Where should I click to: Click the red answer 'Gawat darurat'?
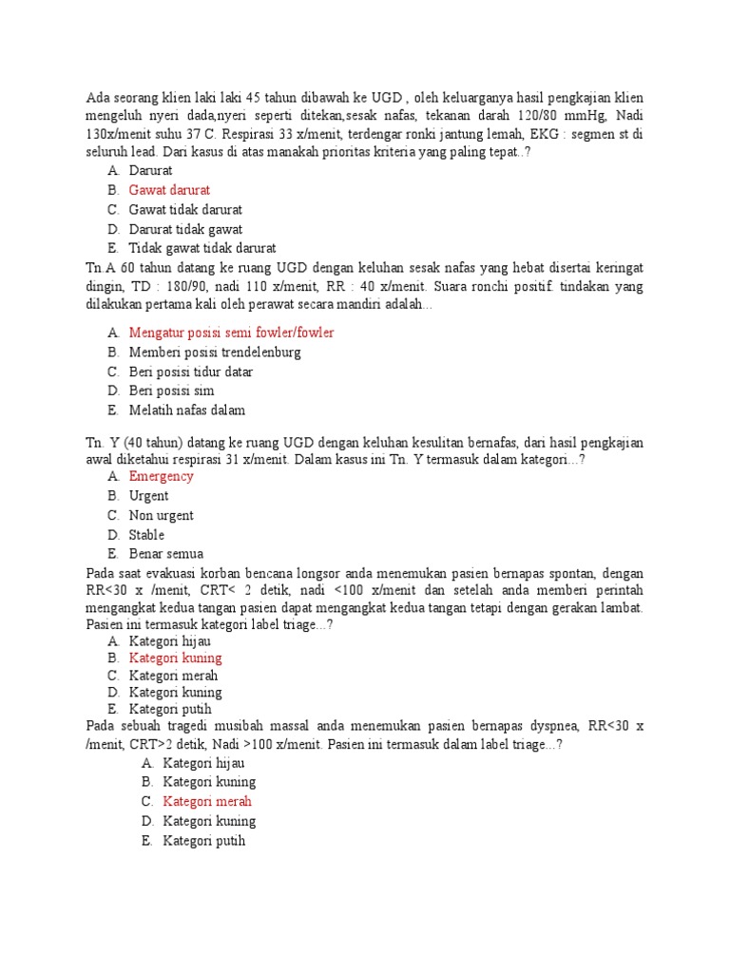tap(169, 190)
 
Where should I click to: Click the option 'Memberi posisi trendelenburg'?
tap(215, 353)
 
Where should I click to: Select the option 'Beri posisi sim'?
tap(171, 391)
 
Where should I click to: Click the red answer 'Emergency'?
tap(161, 476)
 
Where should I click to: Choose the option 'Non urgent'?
tap(161, 515)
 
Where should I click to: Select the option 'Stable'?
tap(146, 534)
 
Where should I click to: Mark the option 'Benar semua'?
tap(166, 553)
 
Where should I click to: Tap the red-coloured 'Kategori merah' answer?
tap(207, 801)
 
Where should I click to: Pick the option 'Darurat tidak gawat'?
tap(185, 229)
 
